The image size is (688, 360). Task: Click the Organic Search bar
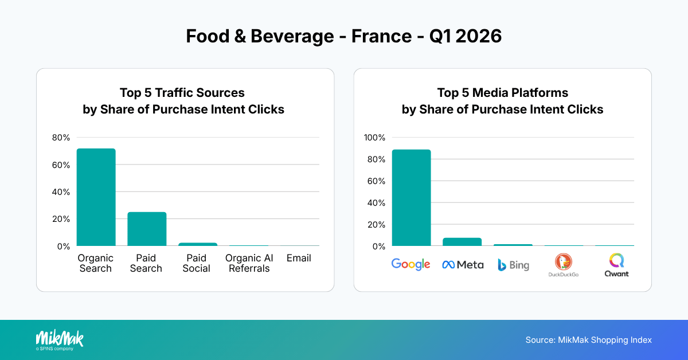(96, 197)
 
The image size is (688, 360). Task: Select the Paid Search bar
(146, 229)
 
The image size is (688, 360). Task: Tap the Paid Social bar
(197, 244)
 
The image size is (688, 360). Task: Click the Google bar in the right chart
(411, 198)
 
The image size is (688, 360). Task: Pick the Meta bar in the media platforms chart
(462, 242)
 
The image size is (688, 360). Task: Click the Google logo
(411, 264)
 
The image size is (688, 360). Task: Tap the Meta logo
(462, 265)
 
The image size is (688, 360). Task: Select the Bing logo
(513, 265)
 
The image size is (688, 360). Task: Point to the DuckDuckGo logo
(563, 265)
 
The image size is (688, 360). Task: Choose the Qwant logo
(616, 265)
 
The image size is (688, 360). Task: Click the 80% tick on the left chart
(61, 138)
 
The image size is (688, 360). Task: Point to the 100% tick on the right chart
(376, 138)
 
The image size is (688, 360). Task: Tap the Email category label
(299, 259)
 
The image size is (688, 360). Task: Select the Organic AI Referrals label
(249, 263)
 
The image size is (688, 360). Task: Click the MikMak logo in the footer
(60, 339)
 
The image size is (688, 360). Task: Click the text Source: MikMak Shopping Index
(588, 340)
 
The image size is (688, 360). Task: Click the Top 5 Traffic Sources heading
(182, 93)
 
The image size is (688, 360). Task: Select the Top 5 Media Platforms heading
(502, 93)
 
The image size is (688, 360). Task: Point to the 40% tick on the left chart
(61, 192)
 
